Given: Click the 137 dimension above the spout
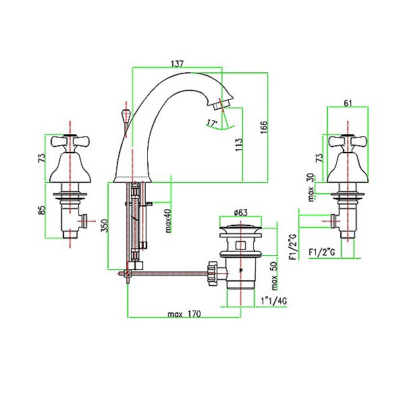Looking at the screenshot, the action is (177, 63).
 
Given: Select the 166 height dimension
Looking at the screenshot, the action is (264, 128).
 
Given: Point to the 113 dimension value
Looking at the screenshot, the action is (239, 145).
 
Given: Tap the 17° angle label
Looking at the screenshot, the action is (213, 123).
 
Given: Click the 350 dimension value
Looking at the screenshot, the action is (105, 225).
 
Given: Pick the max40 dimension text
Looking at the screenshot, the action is (168, 221).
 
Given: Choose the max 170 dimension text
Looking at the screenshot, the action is (184, 314).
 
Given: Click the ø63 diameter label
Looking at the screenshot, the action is (240, 213).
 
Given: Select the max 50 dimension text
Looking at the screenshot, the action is (274, 275).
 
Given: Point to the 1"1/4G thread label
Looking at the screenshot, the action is (273, 300).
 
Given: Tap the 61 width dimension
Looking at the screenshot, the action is (348, 103).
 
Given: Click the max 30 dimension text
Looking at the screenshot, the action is (312, 187).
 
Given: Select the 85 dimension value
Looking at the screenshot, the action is (42, 210).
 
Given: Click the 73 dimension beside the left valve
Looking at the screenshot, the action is (42, 157).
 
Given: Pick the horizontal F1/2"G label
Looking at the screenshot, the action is (322, 252).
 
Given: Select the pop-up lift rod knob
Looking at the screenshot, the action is (126, 114).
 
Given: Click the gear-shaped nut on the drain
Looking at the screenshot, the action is (212, 273).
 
